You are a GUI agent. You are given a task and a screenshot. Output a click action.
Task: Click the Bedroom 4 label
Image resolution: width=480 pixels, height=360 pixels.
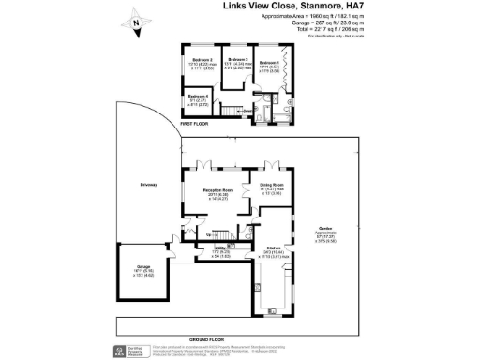(x=197, y=97)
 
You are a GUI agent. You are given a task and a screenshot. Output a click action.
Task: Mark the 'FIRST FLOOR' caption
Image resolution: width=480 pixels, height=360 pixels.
(x=193, y=123)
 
